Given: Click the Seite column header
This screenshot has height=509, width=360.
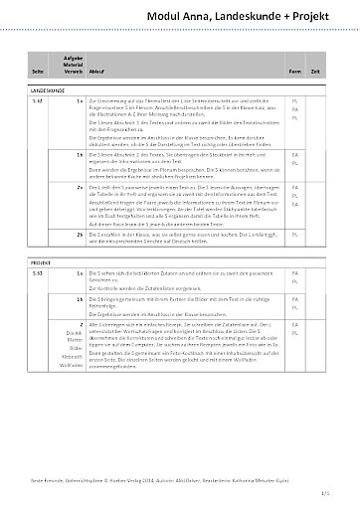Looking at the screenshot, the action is (38, 72).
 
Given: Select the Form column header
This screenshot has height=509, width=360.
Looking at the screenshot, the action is (295, 72).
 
